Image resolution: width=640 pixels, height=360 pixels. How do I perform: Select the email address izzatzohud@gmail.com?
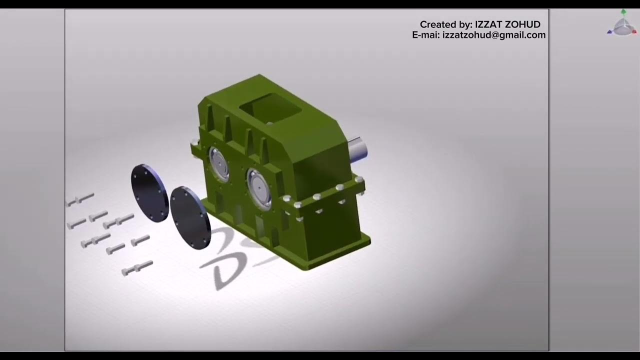[494, 35]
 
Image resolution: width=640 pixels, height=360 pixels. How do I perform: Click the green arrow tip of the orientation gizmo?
[623, 11]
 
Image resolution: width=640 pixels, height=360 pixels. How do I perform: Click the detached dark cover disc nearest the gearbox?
[190, 217]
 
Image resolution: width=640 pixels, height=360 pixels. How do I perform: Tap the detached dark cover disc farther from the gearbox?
[150, 193]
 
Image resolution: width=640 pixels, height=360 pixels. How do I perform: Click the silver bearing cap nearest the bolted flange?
[259, 188]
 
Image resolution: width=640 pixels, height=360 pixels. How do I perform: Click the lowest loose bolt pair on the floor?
[137, 267]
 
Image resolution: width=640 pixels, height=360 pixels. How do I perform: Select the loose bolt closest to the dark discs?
[140, 240]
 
